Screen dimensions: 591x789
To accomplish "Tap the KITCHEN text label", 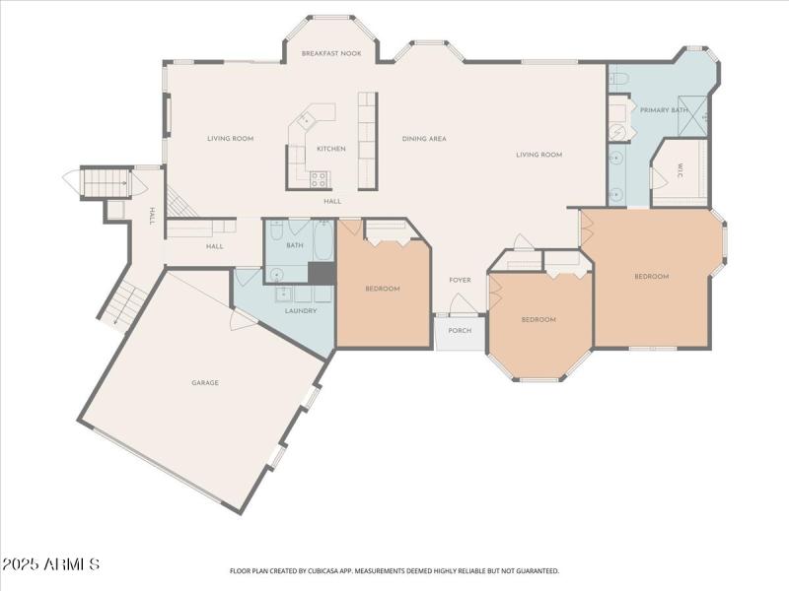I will coord(330,149).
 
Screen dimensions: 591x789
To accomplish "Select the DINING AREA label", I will coord(424,139).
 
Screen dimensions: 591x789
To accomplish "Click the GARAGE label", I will coord(205,382).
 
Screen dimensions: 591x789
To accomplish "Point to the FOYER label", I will coord(460,280).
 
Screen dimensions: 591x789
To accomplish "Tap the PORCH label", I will coord(460,330).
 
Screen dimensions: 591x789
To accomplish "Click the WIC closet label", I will coord(681,174).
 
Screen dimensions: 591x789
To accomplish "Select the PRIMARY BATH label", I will coord(664,109).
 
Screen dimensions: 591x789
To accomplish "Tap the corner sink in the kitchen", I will coord(305,119).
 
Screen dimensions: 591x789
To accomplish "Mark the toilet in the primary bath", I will coord(619,77).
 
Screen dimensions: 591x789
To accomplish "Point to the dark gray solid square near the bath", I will coord(322,272).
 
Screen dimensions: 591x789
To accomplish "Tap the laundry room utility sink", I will coord(282,294).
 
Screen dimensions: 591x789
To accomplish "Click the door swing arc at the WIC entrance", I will coord(657,178).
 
